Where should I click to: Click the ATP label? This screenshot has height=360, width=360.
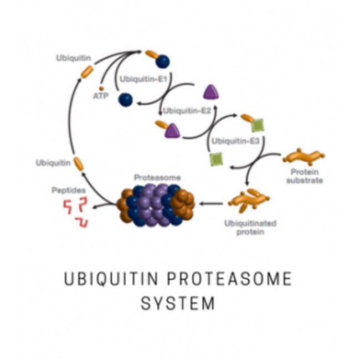pos(101,96)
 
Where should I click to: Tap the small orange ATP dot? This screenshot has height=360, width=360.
pos(101,88)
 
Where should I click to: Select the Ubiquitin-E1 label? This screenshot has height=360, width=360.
pos(143,79)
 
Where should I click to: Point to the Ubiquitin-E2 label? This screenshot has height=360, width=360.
pos(187,111)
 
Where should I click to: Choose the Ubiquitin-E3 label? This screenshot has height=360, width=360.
pos(235,141)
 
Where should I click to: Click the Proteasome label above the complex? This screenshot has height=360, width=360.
pos(157,177)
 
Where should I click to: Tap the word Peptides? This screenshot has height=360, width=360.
pos(69,191)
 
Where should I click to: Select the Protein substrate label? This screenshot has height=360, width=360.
pos(305,176)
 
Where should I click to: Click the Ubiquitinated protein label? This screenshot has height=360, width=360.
pos(250,228)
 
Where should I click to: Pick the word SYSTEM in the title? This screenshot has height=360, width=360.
pos(178,304)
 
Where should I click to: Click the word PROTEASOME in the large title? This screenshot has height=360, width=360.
pos(229,279)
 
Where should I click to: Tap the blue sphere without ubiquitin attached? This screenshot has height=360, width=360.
pos(125,100)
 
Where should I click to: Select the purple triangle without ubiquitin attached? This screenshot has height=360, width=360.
pos(211,92)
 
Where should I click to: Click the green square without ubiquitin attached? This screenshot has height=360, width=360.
pos(216,159)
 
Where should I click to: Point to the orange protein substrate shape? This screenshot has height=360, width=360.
pos(304,157)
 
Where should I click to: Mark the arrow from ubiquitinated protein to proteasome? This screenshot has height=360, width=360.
pos(211,203)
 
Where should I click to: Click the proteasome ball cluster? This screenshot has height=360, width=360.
pos(156,205)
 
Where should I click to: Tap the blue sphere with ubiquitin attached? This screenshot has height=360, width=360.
pos(162,61)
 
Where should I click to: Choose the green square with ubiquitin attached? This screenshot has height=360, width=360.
pos(258,125)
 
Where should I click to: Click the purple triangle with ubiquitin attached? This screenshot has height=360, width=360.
pos(172,131)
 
